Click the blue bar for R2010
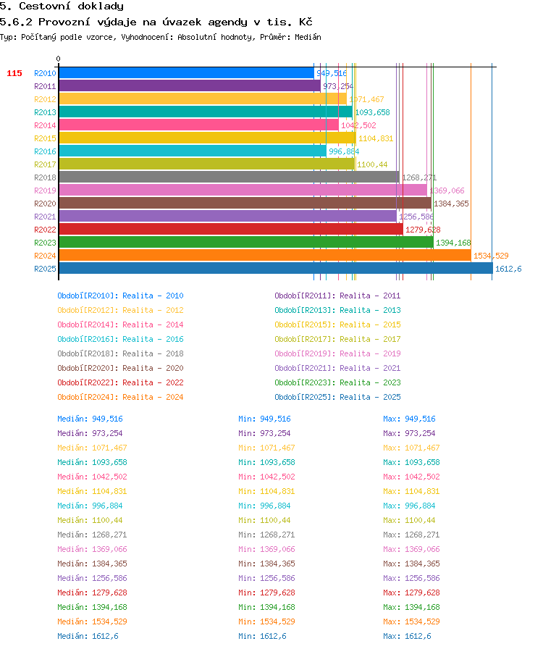pos(186,73)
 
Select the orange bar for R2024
pos(265,256)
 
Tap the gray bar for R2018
pos(230,177)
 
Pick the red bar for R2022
pos(231,230)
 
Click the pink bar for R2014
pos(198,125)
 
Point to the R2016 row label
pos(45,151)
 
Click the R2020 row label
pos(45,204)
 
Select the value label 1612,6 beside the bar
pos(508,269)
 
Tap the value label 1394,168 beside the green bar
pos(453,243)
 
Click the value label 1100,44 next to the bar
pos(372,164)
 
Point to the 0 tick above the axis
pos(59,59)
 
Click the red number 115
pos(14,73)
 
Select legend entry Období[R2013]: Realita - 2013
pos(337,310)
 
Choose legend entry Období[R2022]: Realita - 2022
pos(120,382)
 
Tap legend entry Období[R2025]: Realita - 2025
pos(337,397)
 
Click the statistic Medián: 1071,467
pos(92,448)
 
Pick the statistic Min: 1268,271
pos(266,535)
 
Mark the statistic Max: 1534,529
pos(411,621)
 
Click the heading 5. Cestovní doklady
pos(62,6)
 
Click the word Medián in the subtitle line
pos(308,37)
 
